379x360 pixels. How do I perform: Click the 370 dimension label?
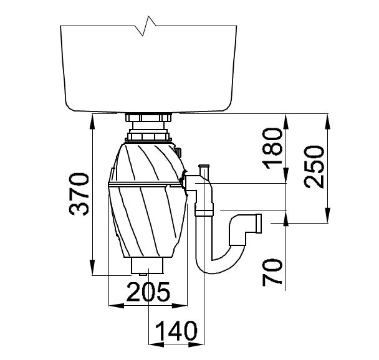(x=79, y=194)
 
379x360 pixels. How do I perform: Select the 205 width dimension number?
(x=148, y=292)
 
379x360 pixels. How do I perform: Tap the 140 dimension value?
(x=176, y=331)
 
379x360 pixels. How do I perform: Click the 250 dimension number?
(x=314, y=167)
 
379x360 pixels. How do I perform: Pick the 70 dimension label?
(x=272, y=272)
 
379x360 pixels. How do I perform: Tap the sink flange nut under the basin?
(x=148, y=118)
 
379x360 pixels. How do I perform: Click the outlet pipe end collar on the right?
(x=259, y=224)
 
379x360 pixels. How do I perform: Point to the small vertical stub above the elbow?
(x=204, y=171)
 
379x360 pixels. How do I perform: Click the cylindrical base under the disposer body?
(x=148, y=265)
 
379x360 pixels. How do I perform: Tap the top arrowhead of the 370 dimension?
(x=93, y=118)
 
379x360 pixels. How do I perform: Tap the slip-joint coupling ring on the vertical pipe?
(x=204, y=213)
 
